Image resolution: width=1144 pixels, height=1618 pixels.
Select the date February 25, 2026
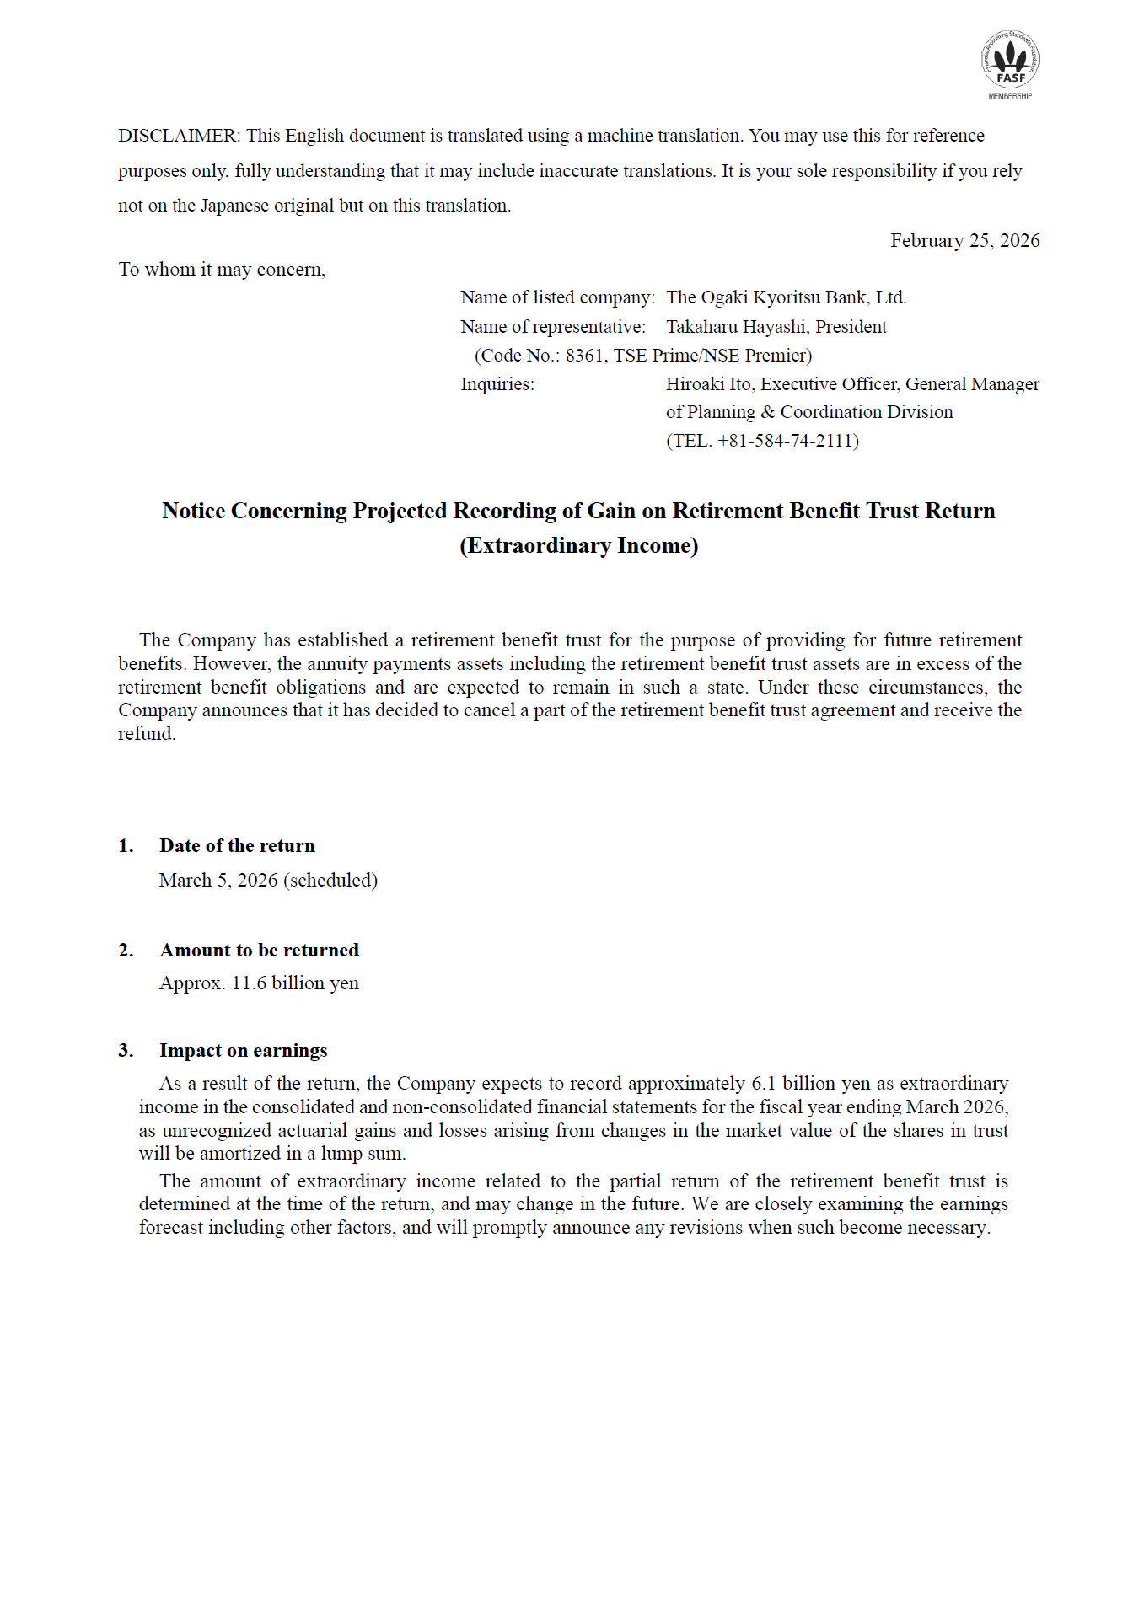tap(964, 241)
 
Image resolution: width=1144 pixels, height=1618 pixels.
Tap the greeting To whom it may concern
tap(221, 270)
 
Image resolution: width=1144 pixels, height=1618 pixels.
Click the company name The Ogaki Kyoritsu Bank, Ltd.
tap(786, 297)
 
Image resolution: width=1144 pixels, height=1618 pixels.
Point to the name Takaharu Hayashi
tap(736, 327)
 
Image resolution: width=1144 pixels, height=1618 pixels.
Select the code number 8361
tap(584, 356)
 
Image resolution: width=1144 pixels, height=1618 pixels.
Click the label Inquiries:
tap(497, 384)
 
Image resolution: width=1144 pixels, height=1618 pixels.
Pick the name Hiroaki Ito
tap(708, 384)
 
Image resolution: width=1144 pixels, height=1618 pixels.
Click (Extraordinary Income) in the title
tap(578, 546)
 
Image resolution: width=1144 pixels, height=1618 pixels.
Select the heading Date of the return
tap(237, 846)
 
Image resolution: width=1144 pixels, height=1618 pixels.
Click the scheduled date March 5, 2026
tap(218, 881)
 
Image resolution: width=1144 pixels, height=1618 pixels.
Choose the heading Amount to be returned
tap(259, 951)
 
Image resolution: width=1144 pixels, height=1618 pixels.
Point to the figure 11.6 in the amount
tap(249, 983)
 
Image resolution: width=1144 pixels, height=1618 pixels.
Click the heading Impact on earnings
tap(243, 1051)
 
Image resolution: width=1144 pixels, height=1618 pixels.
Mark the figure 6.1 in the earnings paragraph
tap(763, 1084)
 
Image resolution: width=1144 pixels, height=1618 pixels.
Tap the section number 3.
tap(126, 1051)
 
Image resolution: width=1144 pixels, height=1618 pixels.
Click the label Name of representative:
tap(553, 327)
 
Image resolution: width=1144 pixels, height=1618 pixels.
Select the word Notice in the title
tap(193, 512)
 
